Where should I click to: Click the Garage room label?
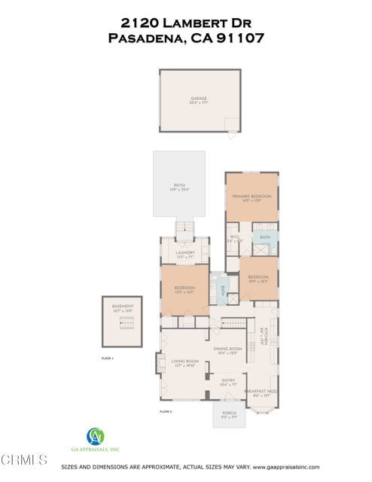click(x=199, y=99)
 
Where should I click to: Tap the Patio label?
click(x=179, y=185)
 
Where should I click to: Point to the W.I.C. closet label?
click(x=235, y=238)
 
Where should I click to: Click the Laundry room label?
click(x=184, y=253)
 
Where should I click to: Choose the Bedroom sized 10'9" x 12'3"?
click(x=258, y=278)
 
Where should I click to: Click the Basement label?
click(x=123, y=307)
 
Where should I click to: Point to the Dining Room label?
click(x=227, y=349)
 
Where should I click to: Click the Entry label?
click(x=228, y=381)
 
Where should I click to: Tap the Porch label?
click(x=228, y=413)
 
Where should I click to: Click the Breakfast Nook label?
click(x=261, y=392)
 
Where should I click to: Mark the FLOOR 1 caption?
click(x=107, y=358)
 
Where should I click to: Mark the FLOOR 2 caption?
click(x=166, y=412)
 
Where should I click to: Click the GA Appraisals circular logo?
click(x=96, y=436)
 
